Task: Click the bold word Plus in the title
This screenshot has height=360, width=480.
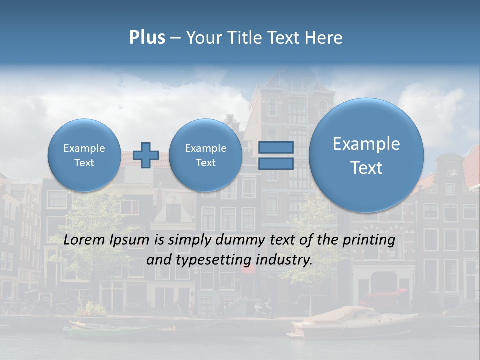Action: coord(147,38)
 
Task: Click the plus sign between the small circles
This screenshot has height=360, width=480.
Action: coord(146,155)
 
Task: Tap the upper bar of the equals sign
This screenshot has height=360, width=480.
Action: coord(276,148)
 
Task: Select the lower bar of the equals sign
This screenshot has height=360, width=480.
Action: coord(276,163)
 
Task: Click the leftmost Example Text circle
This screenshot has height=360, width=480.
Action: coord(84,155)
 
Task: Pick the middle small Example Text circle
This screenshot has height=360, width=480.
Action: coord(205,155)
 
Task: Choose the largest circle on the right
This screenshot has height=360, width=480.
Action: coord(366,155)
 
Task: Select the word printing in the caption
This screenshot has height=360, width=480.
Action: coord(368,240)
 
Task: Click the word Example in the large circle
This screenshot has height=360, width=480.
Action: coord(366,144)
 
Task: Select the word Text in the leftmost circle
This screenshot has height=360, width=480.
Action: coord(84,163)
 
